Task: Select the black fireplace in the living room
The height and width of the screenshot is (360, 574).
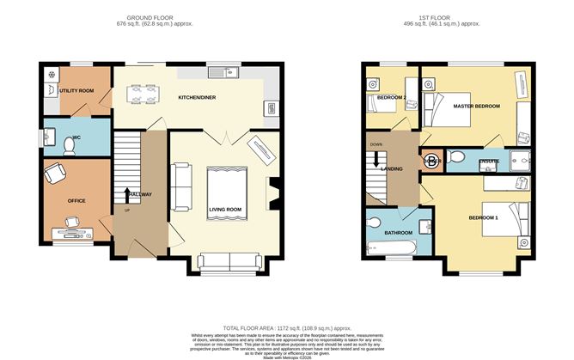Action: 273,191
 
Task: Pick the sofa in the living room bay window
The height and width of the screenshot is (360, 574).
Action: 226,263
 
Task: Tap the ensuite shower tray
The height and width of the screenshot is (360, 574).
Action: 520,160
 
